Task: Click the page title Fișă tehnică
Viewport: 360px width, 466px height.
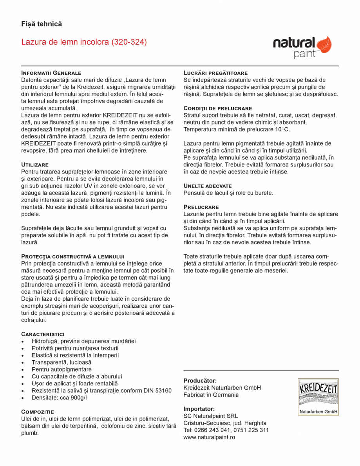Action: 42,24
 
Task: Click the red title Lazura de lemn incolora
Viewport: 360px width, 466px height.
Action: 84,42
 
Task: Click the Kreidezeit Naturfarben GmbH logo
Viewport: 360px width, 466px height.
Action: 318,397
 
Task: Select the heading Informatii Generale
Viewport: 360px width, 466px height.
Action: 51,73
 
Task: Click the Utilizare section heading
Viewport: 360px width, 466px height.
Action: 34,164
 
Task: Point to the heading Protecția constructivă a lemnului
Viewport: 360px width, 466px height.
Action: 72,256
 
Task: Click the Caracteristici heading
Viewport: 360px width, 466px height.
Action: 42,334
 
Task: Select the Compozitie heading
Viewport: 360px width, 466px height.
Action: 37,412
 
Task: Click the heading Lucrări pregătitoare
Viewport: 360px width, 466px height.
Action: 215,73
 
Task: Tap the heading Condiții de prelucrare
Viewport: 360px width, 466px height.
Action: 217,108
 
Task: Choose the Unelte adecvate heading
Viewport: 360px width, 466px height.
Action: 208,186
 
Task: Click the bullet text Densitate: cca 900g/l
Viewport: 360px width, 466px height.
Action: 59,397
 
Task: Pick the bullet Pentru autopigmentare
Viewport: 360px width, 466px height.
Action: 62,369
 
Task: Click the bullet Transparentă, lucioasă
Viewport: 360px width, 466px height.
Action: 61,362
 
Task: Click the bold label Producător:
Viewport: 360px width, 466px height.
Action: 200,381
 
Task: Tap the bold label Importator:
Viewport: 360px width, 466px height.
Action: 199,409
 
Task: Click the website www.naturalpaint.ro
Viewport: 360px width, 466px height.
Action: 209,437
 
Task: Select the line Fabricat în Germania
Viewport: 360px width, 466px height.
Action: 211,395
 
